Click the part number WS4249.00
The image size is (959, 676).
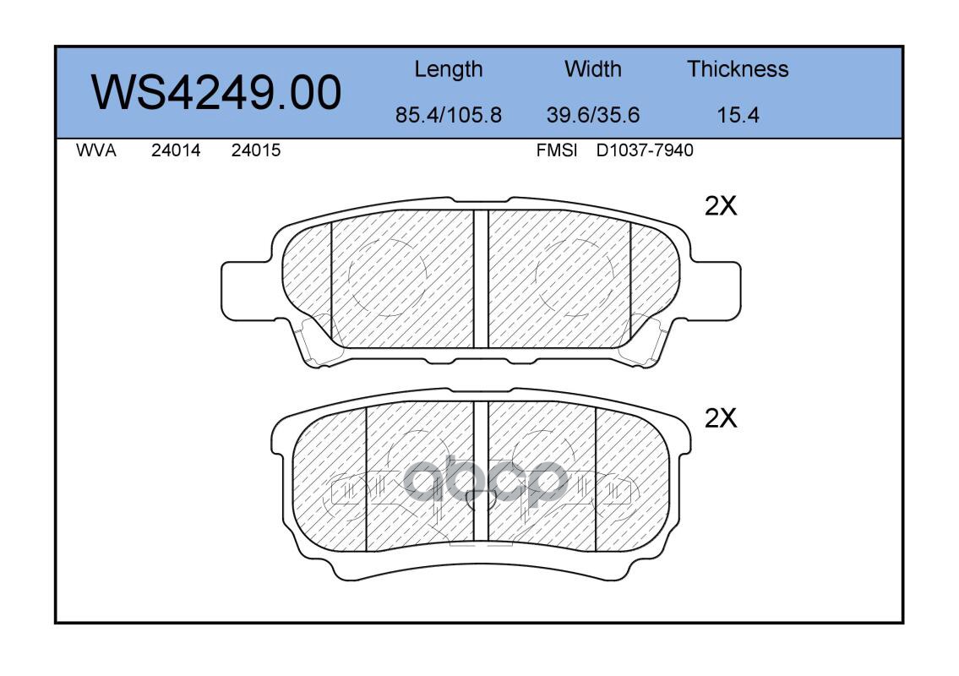click(216, 92)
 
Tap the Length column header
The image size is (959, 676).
click(449, 70)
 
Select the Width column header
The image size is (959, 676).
click(592, 68)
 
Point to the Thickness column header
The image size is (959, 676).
click(738, 68)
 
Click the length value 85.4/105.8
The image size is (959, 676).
click(449, 114)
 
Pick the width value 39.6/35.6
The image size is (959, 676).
click(592, 114)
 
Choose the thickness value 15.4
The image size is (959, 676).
click(738, 114)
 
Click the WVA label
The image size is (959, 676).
click(96, 150)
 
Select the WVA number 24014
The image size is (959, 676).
click(176, 150)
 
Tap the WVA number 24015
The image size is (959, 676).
click(256, 150)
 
